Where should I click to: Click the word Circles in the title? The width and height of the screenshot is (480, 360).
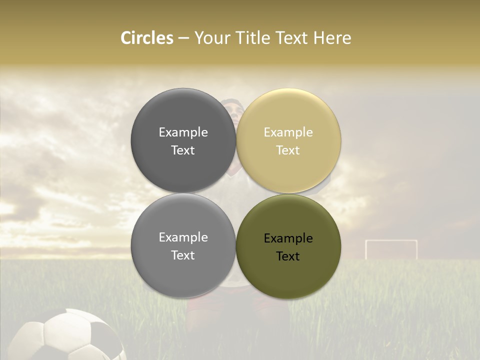(146, 38)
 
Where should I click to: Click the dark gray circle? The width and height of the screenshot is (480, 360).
(183, 140)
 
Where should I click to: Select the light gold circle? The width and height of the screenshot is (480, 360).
(288, 140)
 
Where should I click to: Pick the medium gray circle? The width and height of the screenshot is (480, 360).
(183, 246)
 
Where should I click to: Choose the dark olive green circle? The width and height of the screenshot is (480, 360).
(288, 246)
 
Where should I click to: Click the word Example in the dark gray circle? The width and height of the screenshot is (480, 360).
(183, 132)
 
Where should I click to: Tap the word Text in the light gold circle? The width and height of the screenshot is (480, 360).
(288, 150)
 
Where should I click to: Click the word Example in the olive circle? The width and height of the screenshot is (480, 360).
(288, 238)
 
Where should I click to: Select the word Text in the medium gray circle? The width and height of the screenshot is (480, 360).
(183, 255)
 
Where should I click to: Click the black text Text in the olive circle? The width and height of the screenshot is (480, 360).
(288, 256)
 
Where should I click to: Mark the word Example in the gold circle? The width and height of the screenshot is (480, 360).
(288, 132)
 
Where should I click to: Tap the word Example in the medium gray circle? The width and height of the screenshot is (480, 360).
(183, 237)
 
